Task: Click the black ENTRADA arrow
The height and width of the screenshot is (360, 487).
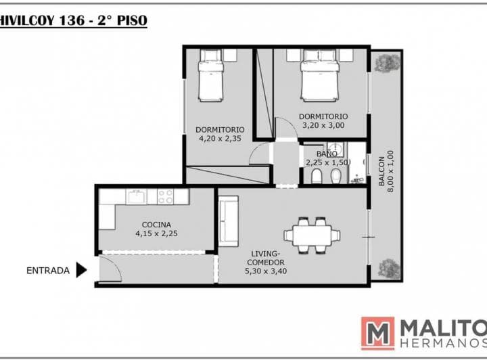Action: pyautogui.click(x=81, y=270)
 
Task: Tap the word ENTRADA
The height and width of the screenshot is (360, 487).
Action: pyautogui.click(x=48, y=271)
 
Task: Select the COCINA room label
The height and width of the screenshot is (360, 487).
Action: pyautogui.click(x=156, y=225)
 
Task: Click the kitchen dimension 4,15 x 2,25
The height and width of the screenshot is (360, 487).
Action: pyautogui.click(x=156, y=233)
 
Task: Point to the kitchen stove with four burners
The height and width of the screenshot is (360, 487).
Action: pyautogui.click(x=165, y=196)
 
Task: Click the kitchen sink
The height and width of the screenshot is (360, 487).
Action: pyautogui.click(x=136, y=196)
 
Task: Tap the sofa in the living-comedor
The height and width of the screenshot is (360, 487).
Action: pyautogui.click(x=229, y=221)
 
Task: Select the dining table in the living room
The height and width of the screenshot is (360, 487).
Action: pyautogui.click(x=312, y=235)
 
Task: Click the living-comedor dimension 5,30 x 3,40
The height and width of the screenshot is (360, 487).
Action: pyautogui.click(x=266, y=271)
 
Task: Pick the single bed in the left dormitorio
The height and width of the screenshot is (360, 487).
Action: pyautogui.click(x=211, y=76)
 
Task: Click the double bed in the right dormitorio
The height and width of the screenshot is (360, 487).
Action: pyautogui.click(x=319, y=76)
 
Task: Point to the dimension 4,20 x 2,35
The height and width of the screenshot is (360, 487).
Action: pyautogui.click(x=220, y=139)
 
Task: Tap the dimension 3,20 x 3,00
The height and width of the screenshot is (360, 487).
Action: pyautogui.click(x=323, y=125)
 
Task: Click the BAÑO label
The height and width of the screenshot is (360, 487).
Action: pyautogui.click(x=327, y=154)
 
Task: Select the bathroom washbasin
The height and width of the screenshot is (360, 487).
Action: pyautogui.click(x=335, y=150)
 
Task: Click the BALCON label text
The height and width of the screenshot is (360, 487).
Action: pyautogui.click(x=381, y=171)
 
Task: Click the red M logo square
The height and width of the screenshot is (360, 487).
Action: pyautogui.click(x=377, y=334)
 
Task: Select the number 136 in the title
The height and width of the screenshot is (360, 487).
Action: pyautogui.click(x=72, y=20)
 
